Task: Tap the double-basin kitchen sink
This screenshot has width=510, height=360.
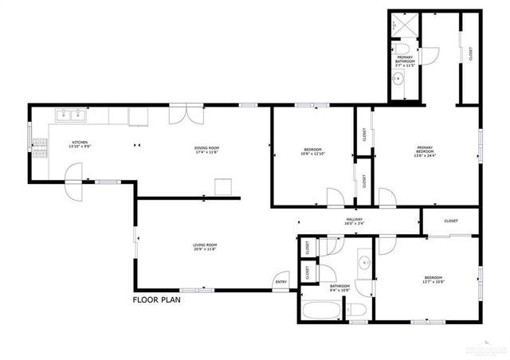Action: click(71, 115)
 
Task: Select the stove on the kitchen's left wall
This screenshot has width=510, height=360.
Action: click(37, 145)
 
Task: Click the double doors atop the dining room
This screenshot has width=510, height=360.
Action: click(180, 114)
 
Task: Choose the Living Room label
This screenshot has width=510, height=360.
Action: click(205, 247)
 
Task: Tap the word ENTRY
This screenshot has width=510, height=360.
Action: click(280, 282)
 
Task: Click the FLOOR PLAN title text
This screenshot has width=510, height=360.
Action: click(157, 300)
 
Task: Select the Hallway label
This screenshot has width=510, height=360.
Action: click(354, 221)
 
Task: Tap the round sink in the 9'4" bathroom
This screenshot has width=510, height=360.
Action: click(363, 261)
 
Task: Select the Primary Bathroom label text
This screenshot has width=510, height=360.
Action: click(406, 61)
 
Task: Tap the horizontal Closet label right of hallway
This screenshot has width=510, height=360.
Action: click(450, 221)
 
